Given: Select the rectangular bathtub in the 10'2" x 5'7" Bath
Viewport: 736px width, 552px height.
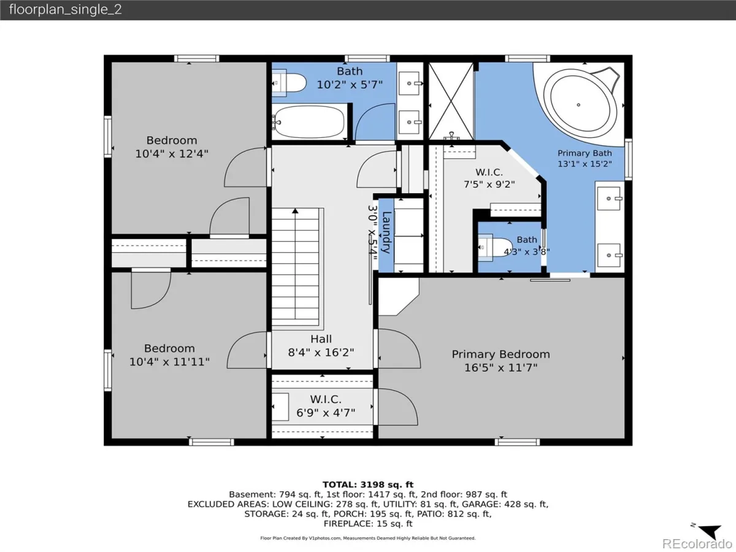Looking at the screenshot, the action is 309,122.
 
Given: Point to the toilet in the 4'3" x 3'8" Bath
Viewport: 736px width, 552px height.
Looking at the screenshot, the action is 495,247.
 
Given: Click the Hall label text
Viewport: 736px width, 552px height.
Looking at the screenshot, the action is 321,339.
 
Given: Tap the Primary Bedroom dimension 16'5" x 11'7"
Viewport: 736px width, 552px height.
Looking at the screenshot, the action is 500,367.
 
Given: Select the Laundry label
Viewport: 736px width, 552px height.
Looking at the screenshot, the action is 386,232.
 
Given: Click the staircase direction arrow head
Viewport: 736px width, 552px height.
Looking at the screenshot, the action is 295,211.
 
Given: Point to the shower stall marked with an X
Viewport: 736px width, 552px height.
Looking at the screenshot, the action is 451,101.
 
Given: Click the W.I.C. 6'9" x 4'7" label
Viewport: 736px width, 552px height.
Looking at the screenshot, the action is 326,406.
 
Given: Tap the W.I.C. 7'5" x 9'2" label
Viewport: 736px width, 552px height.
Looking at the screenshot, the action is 489,178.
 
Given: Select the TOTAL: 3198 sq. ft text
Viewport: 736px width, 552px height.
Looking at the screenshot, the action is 368,485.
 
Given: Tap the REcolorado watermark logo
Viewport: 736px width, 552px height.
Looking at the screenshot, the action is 697,543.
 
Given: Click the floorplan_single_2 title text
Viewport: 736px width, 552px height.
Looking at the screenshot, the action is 66,9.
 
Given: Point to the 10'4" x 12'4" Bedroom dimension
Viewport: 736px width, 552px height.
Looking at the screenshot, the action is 172,154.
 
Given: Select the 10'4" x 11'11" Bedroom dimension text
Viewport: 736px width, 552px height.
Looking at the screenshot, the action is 169,362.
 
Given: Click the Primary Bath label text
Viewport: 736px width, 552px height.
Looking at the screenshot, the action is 585,153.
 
